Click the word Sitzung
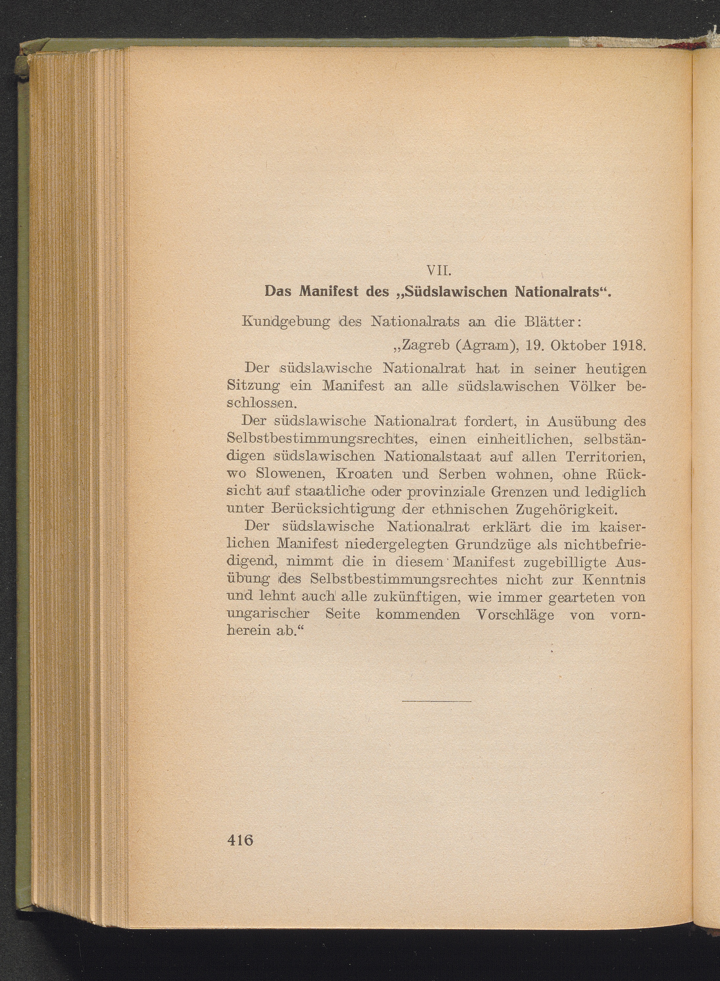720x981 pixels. click(247, 386)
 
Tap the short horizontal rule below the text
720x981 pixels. click(437, 701)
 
